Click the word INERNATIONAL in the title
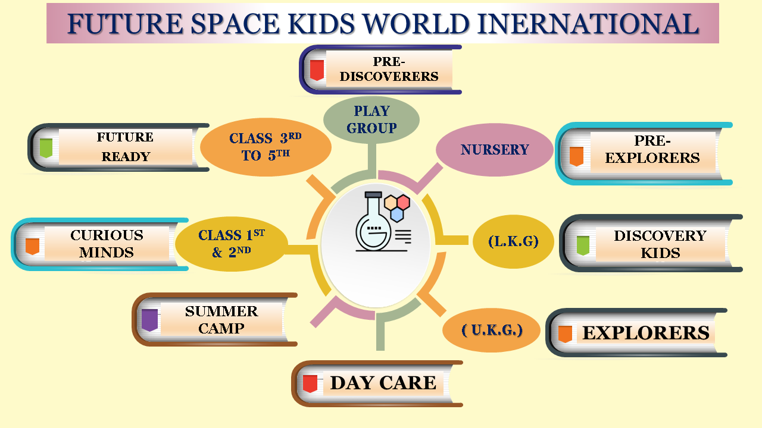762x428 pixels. coord(588,24)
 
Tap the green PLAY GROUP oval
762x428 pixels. coord(371,120)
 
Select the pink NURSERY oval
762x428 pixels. coord(495,150)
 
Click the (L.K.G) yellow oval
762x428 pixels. coord(513,241)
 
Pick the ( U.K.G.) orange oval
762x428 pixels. coord(492,330)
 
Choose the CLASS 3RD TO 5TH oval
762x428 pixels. coord(266,147)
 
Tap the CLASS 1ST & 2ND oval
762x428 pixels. coord(232,244)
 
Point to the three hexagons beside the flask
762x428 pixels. coord(397,208)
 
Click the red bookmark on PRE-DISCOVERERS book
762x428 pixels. coord(317,70)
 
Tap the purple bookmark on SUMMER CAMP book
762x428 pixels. coord(149,320)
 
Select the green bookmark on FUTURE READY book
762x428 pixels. coord(46,148)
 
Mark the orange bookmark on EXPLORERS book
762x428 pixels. coord(565,334)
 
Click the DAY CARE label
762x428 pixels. coord(383,383)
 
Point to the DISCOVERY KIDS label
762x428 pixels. coord(660,244)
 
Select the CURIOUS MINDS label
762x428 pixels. coord(107,244)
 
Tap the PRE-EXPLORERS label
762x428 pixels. coord(652,149)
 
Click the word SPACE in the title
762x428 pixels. coord(235,24)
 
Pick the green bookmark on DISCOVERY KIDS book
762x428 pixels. coord(583,246)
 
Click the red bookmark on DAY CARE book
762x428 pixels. coord(310,384)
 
